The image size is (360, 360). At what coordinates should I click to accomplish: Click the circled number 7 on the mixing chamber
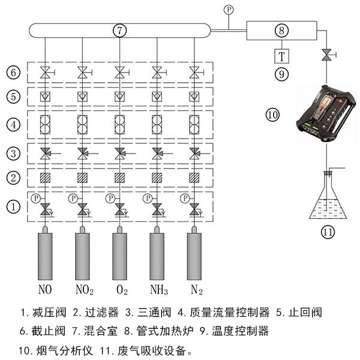tap(119, 29)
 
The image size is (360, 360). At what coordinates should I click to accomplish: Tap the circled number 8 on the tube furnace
tap(281, 29)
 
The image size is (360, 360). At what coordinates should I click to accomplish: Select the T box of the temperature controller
tap(281, 56)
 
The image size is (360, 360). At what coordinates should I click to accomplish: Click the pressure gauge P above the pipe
tap(228, 9)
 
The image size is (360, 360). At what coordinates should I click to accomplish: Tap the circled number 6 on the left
tap(13, 73)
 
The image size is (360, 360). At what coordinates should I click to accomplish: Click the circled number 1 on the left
tap(13, 206)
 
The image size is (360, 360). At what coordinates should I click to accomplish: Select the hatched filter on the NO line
tap(45, 178)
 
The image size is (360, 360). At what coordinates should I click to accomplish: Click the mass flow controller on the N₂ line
tap(194, 124)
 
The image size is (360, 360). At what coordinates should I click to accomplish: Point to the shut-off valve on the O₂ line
tap(119, 73)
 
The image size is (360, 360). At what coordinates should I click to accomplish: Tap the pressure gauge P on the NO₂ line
tap(73, 197)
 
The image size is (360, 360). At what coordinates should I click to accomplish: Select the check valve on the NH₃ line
tap(157, 96)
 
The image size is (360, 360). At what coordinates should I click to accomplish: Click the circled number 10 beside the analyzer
tap(272, 114)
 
